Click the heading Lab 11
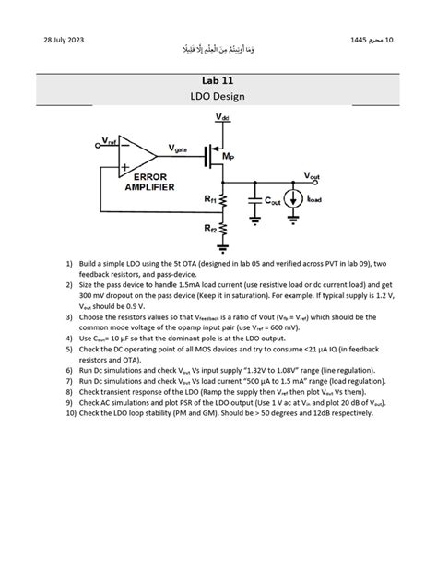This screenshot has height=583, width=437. [218, 80]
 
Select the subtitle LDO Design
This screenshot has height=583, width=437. [218, 95]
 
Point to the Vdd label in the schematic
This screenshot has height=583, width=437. [224, 118]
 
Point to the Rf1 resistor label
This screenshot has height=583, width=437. [210, 198]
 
